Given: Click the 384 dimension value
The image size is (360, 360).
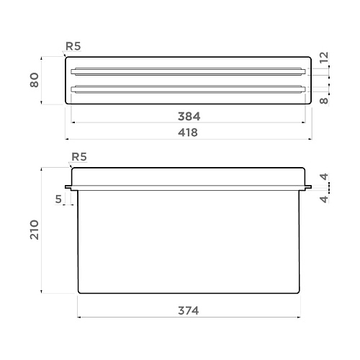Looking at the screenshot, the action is coord(189,117).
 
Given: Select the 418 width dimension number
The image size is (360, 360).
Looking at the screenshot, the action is coord(188,132).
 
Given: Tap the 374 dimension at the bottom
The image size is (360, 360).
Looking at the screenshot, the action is coord(189,310).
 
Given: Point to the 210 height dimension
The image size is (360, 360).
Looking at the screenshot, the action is coord(35,230).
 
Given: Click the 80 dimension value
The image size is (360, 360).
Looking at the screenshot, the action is coord(35,80).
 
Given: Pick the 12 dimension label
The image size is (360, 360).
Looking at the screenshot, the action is coord(324,58).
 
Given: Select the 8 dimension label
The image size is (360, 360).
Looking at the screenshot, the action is coord(324,101).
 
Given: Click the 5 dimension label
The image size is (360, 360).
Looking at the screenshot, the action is coord(58,199).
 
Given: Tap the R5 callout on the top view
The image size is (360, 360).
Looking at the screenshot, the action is coord(73,46).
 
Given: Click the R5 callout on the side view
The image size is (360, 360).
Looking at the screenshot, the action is coord(79,157).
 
